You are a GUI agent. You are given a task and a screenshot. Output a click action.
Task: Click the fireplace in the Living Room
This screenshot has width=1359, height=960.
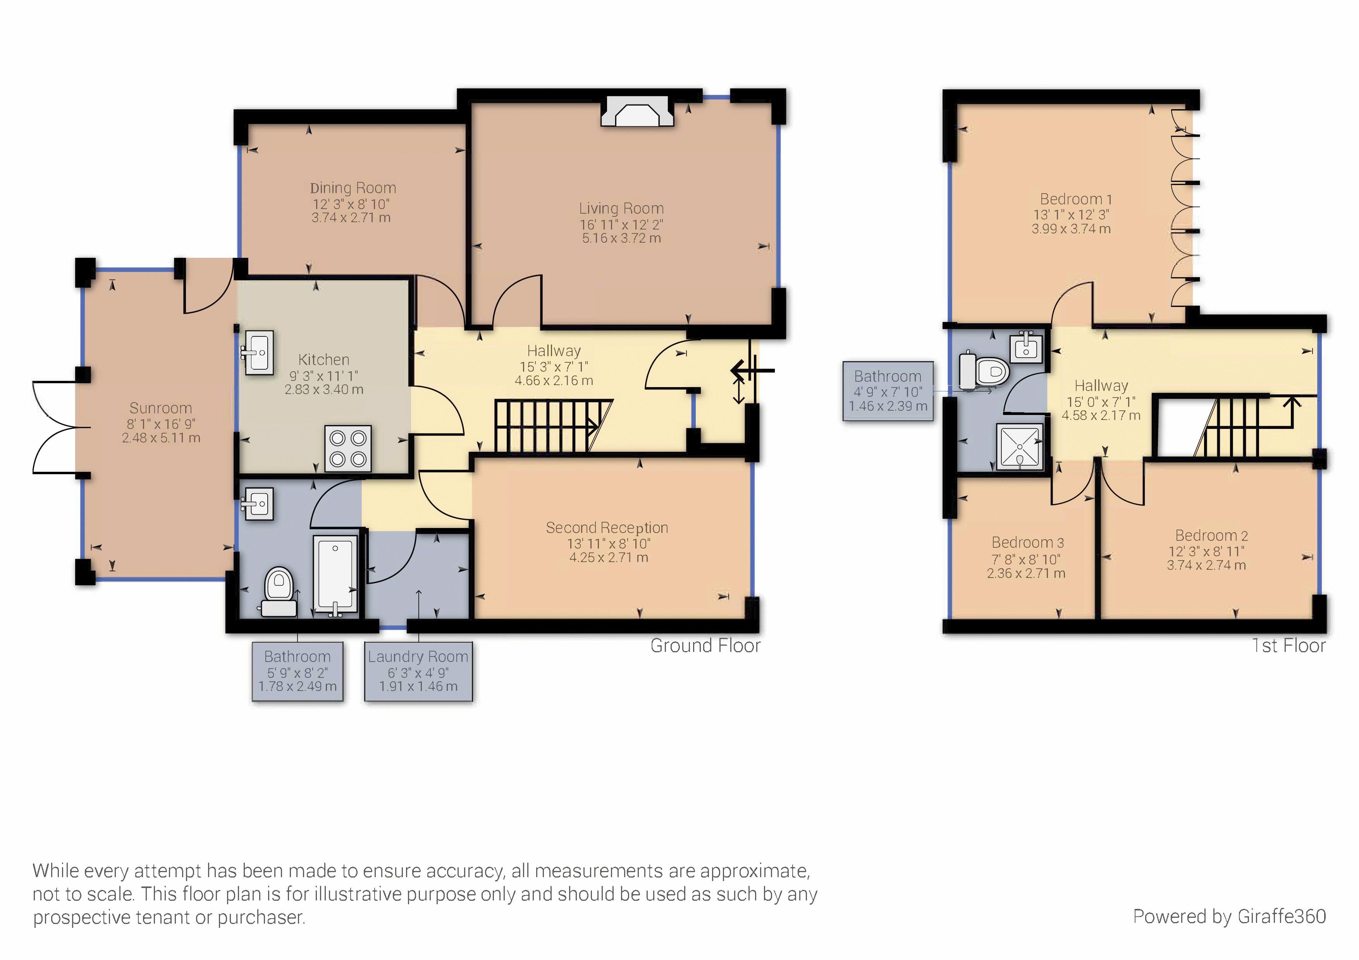click(638, 112)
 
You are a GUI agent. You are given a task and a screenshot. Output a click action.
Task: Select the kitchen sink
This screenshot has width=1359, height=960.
click(259, 353)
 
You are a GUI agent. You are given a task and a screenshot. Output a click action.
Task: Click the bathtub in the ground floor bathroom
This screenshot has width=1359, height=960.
click(335, 574)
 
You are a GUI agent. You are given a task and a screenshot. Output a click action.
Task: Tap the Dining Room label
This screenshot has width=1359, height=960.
click(353, 188)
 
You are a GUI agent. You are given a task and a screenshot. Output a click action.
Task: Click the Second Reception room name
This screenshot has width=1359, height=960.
click(607, 528)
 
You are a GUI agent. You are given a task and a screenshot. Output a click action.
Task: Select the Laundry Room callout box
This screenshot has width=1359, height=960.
click(418, 671)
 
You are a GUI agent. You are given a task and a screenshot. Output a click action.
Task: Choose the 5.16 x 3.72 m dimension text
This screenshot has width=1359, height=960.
click(621, 238)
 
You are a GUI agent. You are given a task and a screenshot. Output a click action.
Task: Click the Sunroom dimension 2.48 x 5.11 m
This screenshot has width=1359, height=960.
click(161, 438)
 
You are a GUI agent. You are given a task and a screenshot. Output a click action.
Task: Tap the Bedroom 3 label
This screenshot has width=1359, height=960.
click(1027, 542)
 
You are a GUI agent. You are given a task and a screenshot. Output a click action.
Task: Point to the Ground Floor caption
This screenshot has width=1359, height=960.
click(705, 646)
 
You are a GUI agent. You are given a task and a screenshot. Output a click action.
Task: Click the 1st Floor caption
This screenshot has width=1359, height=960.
click(1288, 646)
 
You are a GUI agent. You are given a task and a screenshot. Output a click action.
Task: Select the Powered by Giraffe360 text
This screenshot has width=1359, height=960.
click(1229, 916)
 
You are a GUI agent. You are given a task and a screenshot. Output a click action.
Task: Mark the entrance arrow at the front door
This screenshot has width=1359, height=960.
click(750, 372)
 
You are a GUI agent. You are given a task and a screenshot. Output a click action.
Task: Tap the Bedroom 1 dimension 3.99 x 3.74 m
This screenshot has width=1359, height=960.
click(1071, 229)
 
